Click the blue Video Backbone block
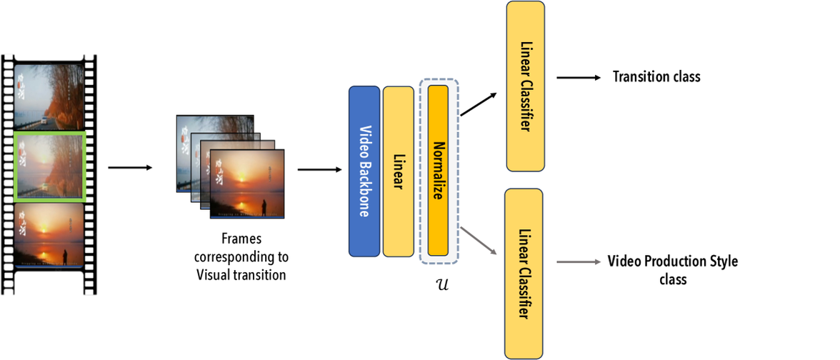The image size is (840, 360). pos(364,171)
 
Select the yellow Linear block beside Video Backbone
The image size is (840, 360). pos(398,171)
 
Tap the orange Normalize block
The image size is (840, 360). pos(438,171)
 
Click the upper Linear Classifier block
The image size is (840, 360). pos(525,86)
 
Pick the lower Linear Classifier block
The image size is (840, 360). pos(525,273)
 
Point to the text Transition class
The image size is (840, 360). pos(656,76)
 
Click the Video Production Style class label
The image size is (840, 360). pos(672,270)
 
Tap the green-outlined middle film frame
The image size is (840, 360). pos(50,165)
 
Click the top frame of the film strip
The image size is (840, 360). pos(50,96)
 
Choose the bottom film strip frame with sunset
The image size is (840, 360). pos(50,234)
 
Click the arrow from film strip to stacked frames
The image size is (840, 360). pos(130,168)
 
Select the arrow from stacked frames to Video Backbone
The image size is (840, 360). pos(319,169)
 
